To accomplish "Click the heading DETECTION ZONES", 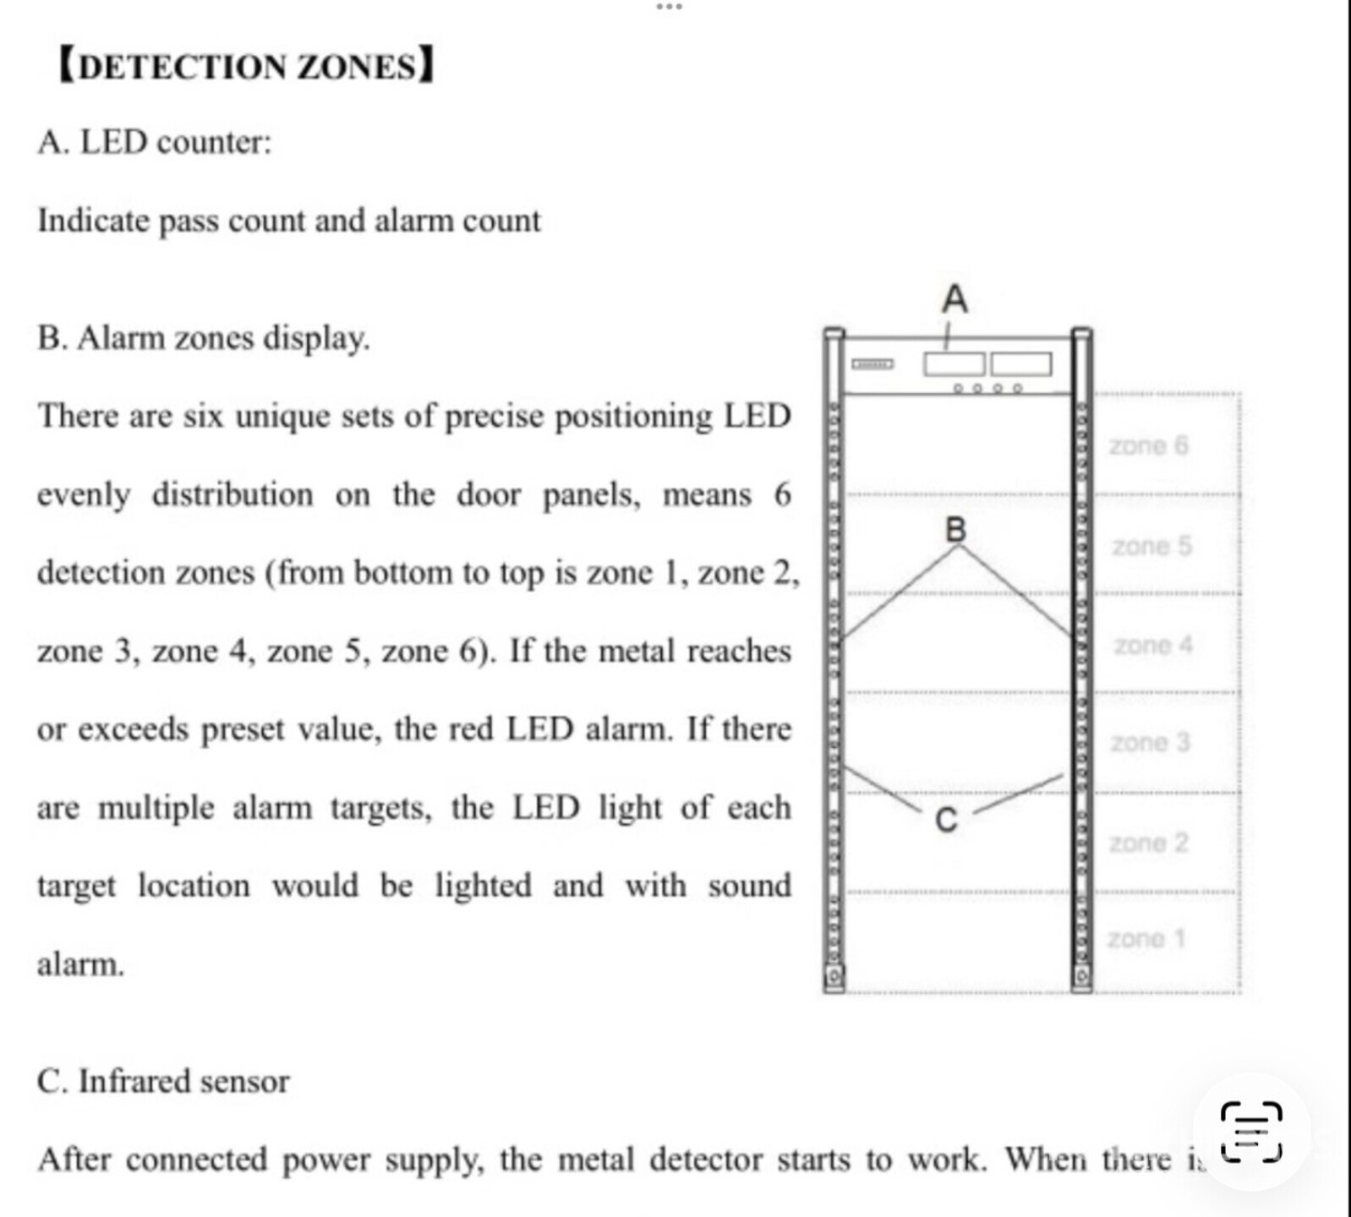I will [246, 66].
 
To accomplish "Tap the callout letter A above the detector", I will [954, 299].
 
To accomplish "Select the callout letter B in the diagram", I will [955, 529].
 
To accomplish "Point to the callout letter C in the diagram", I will [947, 820].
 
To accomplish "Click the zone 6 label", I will [1148, 445].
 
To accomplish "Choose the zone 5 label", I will [1151, 546].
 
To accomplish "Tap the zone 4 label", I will [1153, 645].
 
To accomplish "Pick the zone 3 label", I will [1150, 742].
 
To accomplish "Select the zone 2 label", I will [1148, 843].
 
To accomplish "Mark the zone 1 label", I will [1146, 938].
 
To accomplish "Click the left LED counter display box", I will [954, 364].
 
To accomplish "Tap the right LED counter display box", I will [1021, 364].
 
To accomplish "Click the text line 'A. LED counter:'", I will [155, 142].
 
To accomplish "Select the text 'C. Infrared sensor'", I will [163, 1081].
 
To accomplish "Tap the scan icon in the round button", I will [1251, 1131].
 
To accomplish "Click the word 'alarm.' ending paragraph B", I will [80, 963].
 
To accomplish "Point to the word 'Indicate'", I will [93, 221].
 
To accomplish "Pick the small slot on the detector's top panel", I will [872, 364].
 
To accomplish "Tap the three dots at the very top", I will [669, 7].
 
